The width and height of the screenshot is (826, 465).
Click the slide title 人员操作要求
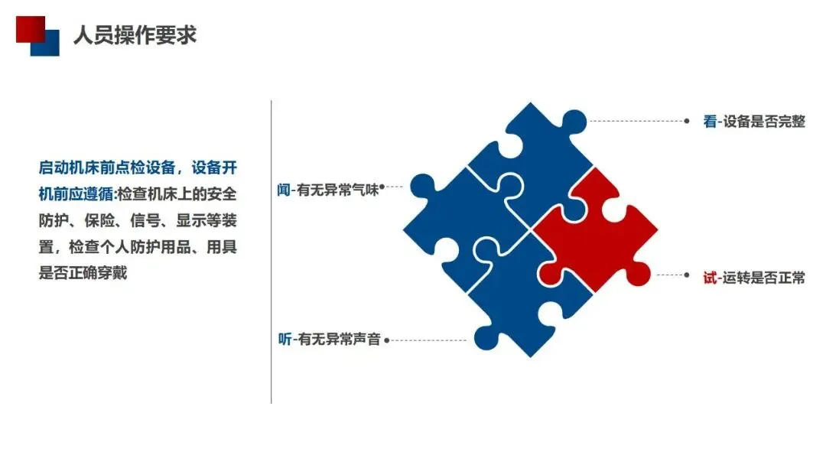click(x=135, y=35)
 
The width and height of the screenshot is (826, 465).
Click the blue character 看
click(x=710, y=122)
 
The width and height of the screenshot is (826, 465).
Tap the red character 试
click(x=710, y=278)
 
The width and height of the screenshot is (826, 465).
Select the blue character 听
click(x=285, y=339)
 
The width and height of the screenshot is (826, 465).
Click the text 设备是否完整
click(x=764, y=122)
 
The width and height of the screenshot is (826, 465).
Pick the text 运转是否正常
click(x=764, y=278)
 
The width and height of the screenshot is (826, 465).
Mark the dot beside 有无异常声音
click(x=387, y=339)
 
